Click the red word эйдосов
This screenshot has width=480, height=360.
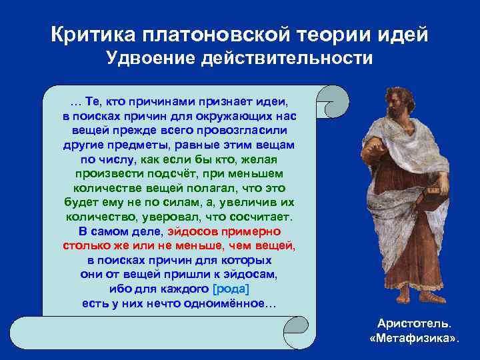tap(196, 231)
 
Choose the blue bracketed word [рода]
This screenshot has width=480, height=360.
tap(230, 289)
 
